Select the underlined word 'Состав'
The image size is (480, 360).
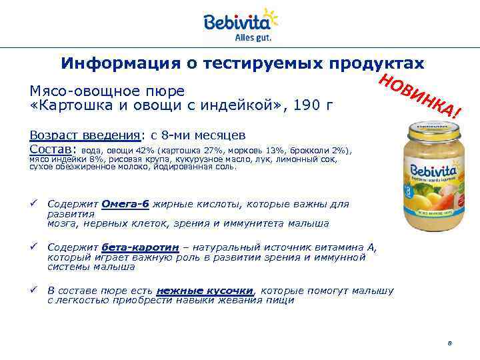pos(52,149)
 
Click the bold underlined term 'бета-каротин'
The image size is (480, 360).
pos(141,247)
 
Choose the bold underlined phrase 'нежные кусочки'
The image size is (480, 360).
pos(205,291)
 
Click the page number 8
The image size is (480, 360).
pos(450,343)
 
